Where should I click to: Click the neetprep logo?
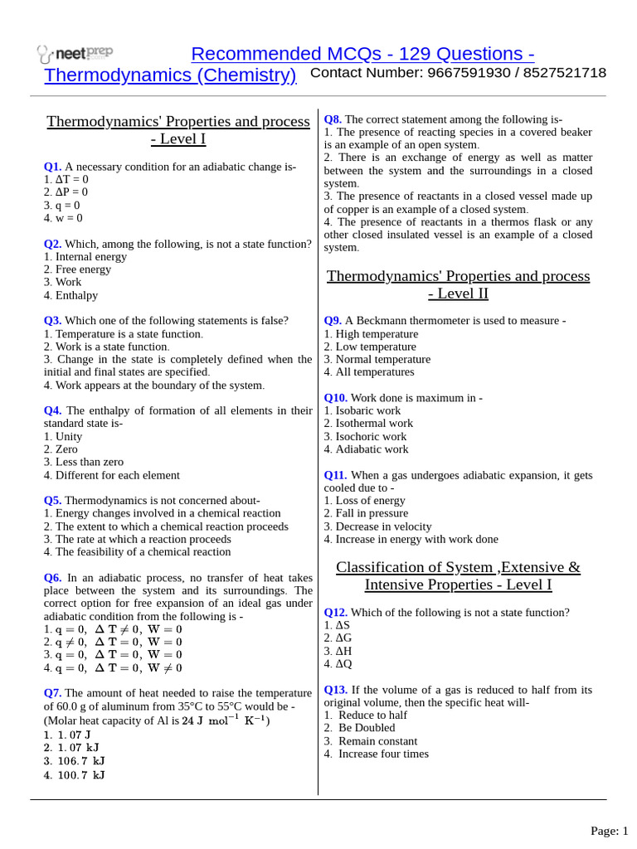click(x=75, y=54)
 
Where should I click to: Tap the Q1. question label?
click(x=52, y=167)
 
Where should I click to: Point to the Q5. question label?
click(x=52, y=501)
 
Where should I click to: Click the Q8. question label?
click(x=333, y=119)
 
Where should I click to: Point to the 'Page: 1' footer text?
click(x=610, y=831)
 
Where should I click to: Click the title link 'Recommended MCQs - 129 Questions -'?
click(x=362, y=54)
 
